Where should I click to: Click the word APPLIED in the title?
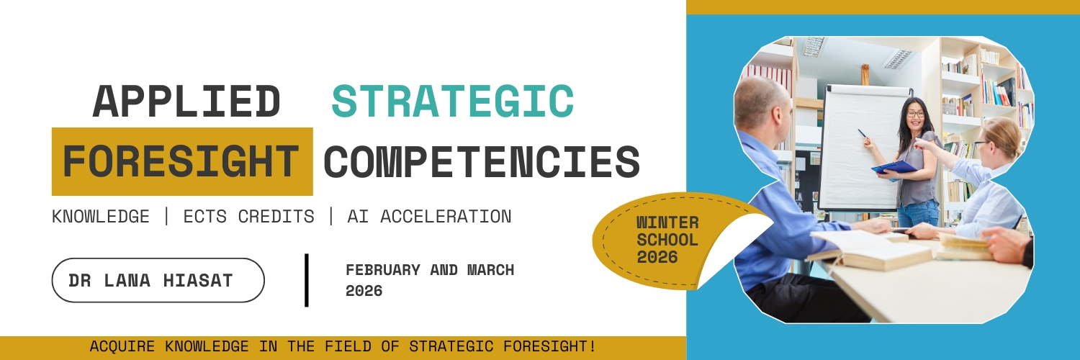[x=186, y=102]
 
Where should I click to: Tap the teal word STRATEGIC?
[x=453, y=102]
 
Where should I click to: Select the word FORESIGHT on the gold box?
[x=181, y=161]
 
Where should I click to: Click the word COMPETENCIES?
[x=482, y=161]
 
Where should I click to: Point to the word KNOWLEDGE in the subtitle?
[x=101, y=217]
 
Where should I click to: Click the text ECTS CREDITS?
[x=249, y=217]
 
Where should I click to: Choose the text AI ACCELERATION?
[x=429, y=217]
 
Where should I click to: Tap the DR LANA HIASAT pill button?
[x=158, y=280]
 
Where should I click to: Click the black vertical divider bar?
[x=307, y=280]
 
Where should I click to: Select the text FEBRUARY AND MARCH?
[x=430, y=270]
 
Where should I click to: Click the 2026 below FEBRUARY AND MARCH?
[x=364, y=291]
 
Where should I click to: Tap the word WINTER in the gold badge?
[x=667, y=222]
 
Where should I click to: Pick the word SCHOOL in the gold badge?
[x=667, y=240]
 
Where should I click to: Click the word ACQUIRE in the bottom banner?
[x=122, y=346]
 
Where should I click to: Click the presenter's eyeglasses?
[x=916, y=114]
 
